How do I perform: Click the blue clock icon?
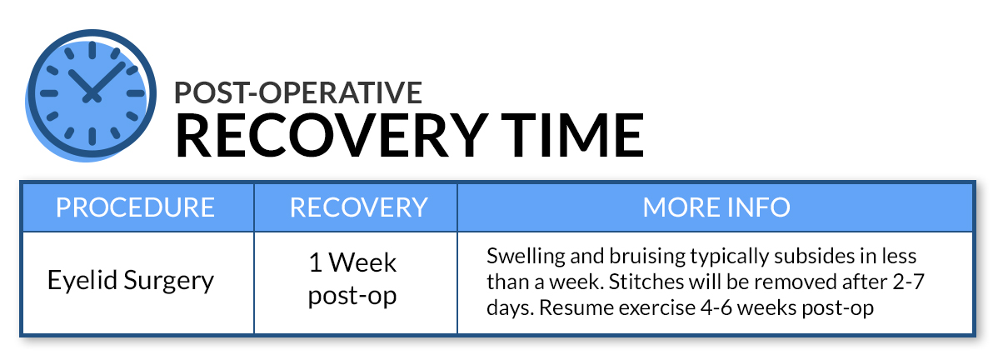coord(91,94)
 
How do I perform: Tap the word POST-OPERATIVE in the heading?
coord(298,92)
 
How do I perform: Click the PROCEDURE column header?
coord(136,207)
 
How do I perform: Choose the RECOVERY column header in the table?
coord(359,207)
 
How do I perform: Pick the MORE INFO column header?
coord(716,207)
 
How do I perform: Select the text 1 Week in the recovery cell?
coord(352,262)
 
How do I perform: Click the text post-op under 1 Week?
coord(352,296)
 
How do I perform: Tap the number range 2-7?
coord(910,282)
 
